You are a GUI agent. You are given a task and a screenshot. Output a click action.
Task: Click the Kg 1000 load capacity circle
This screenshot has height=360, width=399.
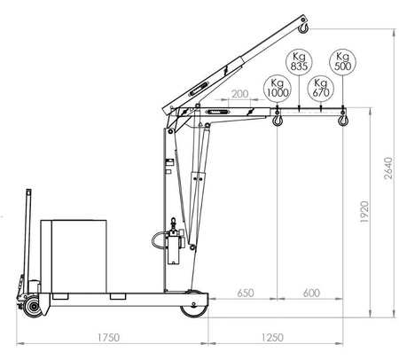click(x=276, y=88)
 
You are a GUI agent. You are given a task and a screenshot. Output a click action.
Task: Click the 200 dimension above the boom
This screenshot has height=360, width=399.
click(x=238, y=94)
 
